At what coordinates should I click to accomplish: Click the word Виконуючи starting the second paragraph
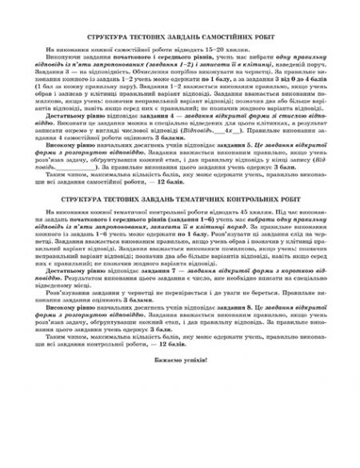[71, 58]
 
